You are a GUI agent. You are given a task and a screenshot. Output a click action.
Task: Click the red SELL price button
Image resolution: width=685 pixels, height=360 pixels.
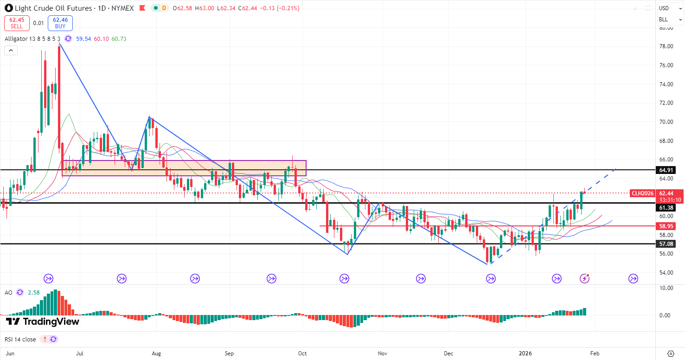[x=17, y=23]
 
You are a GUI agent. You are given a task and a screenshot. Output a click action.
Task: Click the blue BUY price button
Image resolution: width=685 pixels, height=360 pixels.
[x=60, y=23]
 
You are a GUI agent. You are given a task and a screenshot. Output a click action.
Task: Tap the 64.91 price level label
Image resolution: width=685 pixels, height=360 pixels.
[x=666, y=170]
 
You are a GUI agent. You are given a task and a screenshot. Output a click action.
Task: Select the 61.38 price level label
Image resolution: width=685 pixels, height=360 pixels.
[x=666, y=208]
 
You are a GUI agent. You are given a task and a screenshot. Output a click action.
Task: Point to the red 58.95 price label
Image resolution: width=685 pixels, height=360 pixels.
[x=666, y=226]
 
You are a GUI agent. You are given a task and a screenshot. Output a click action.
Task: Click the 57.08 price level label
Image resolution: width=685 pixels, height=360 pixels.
[x=666, y=244]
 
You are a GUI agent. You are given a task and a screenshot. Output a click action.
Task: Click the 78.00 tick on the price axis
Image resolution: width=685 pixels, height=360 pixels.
[x=666, y=46]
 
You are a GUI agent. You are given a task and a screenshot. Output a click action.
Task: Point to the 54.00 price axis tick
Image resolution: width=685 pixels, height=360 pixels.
[x=666, y=273]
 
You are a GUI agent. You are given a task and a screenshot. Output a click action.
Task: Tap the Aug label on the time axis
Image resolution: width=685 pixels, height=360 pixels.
[x=156, y=354]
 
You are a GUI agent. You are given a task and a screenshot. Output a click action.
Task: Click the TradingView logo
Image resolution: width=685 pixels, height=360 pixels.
[x=43, y=321]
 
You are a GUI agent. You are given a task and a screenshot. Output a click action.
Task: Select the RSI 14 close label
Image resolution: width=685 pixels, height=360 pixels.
[x=20, y=339]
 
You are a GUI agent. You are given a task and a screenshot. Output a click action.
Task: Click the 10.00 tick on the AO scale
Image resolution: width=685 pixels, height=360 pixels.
[x=666, y=288]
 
